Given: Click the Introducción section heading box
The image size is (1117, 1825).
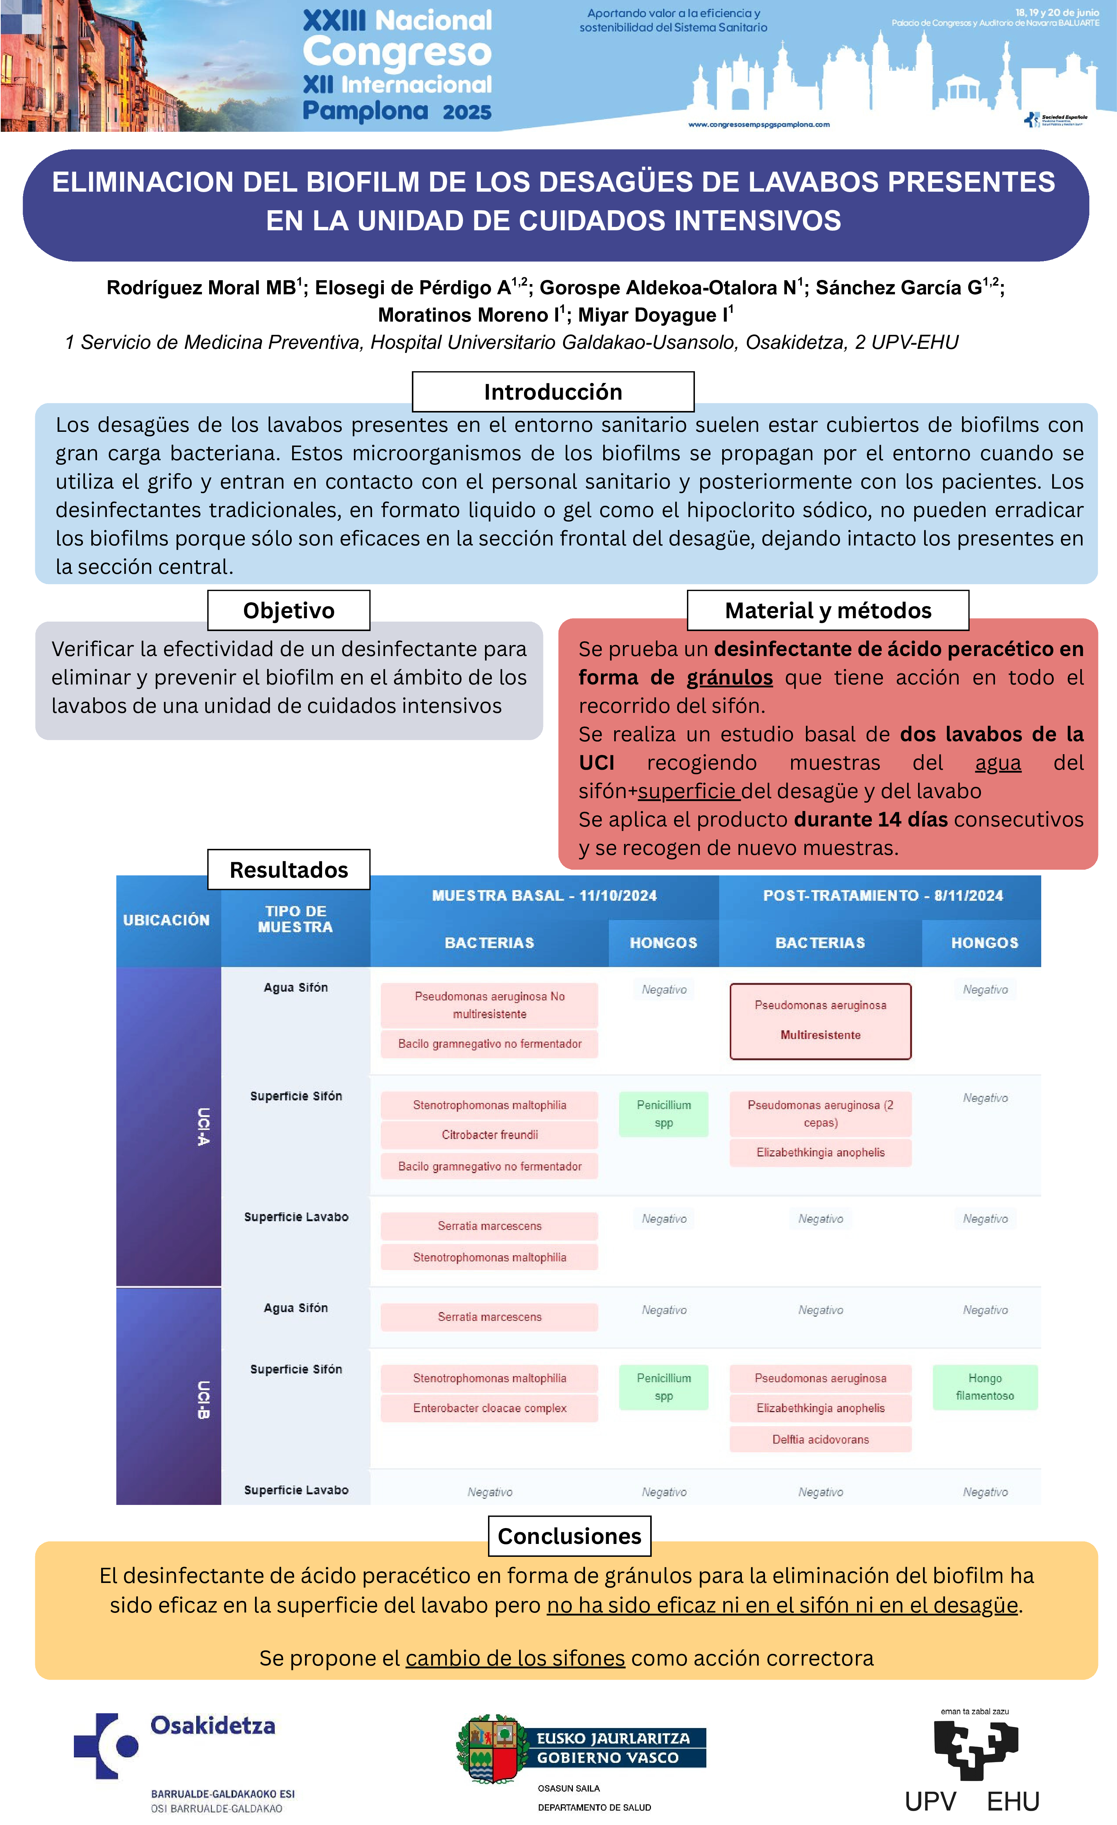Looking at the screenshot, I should click(552, 392).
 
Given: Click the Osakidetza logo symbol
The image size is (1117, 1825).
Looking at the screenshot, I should click(106, 1746).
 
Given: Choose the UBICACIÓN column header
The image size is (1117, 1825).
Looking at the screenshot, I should click(167, 920).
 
